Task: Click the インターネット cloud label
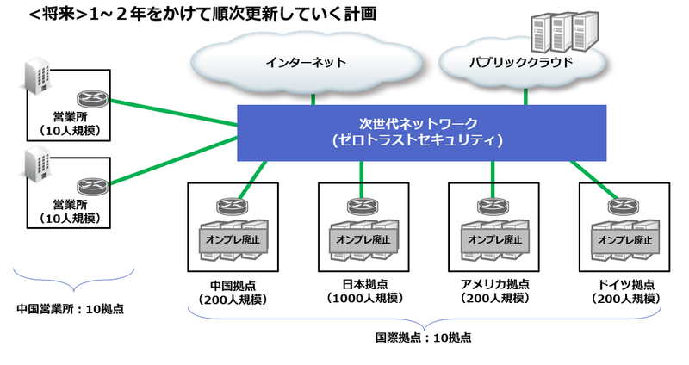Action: click(x=306, y=63)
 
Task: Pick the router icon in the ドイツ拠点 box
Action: click(x=622, y=206)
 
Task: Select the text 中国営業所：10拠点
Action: click(x=71, y=307)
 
